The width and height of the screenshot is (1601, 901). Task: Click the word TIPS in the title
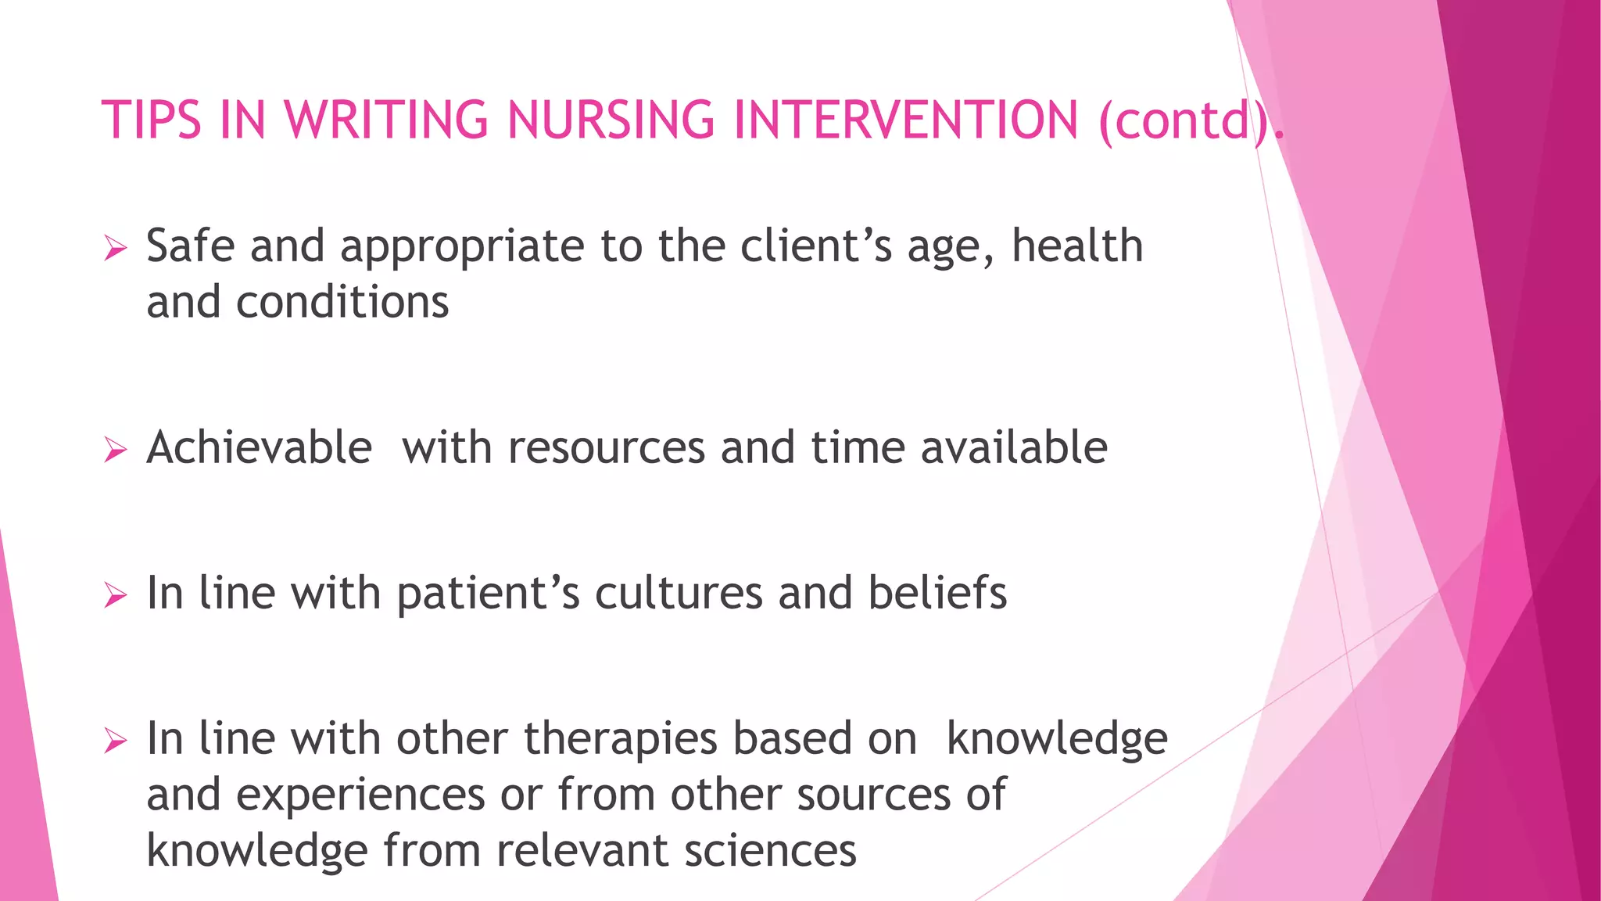(152, 120)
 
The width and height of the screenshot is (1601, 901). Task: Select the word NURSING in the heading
(611, 120)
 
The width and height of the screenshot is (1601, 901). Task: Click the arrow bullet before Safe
(115, 249)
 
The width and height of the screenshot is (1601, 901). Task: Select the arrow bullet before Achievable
(115, 450)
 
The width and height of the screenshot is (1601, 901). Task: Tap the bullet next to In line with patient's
(115, 596)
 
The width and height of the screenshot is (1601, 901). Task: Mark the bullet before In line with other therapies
(115, 741)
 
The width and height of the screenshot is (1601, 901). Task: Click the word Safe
(190, 246)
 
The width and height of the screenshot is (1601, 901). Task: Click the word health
(1076, 246)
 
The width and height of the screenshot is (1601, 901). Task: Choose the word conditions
(342, 303)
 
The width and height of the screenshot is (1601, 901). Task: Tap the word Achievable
(259, 448)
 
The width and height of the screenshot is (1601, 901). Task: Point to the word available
(1014, 448)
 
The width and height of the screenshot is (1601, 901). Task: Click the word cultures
(678, 594)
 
